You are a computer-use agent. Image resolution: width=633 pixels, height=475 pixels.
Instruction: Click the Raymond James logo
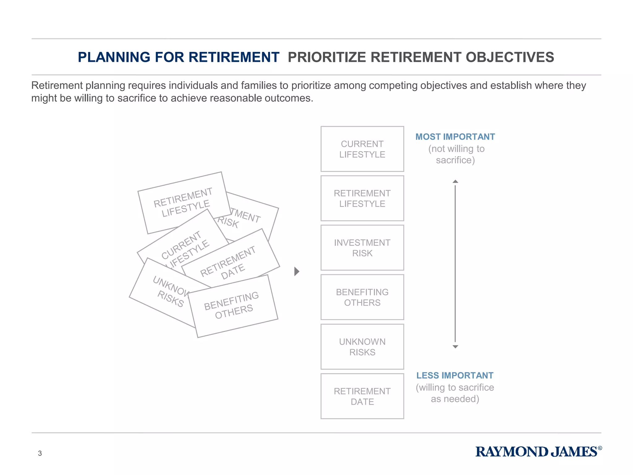coord(538,452)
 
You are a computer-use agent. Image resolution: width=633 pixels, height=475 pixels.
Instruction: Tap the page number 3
coord(40,453)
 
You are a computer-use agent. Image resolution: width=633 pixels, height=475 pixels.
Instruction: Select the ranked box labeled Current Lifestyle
coord(362,149)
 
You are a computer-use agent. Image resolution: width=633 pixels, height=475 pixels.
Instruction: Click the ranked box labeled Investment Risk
coord(362,248)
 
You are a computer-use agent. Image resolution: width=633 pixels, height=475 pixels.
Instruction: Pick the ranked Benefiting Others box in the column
coord(362,297)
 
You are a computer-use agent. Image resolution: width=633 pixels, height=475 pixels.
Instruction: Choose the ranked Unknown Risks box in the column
coord(362,347)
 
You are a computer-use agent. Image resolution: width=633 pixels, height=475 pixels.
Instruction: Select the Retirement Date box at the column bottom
coord(362,396)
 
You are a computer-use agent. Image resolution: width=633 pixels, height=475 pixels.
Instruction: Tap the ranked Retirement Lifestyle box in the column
coord(362,198)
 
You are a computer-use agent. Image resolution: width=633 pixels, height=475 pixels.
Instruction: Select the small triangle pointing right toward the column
coord(297,272)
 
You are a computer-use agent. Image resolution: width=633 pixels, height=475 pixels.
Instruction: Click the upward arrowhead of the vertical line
coord(455,182)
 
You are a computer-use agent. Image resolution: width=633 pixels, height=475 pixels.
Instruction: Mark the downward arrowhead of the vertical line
coord(455,347)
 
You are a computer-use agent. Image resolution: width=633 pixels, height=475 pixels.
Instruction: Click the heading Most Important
coord(455,137)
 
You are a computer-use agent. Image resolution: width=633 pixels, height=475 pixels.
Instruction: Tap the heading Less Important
coord(455,375)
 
